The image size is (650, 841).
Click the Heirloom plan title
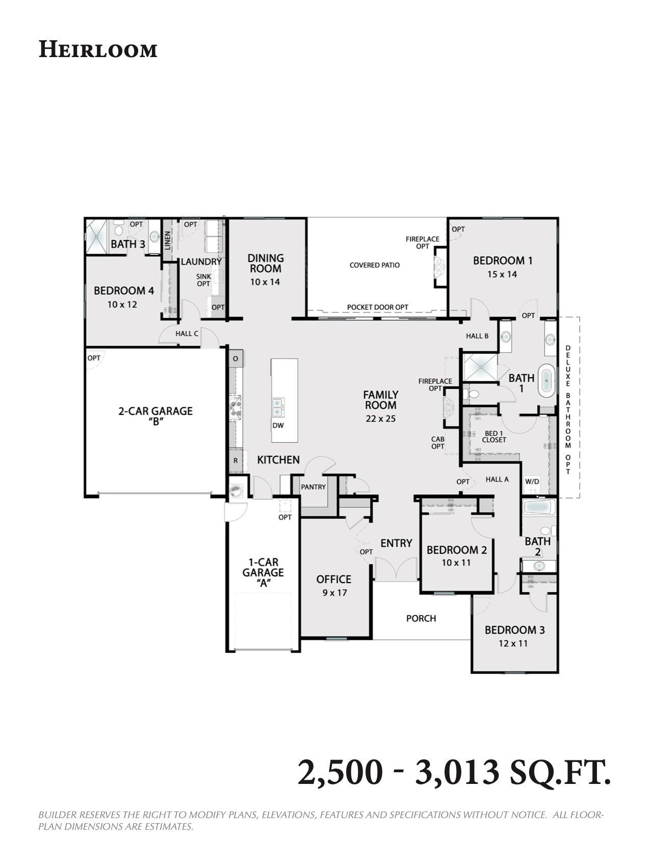[98, 50]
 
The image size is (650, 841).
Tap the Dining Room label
[266, 263]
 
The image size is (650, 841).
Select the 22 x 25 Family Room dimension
[380, 418]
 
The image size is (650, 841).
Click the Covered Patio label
[374, 265]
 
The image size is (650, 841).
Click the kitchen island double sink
[277, 407]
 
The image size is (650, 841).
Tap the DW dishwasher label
[278, 426]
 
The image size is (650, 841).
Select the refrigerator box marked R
[236, 461]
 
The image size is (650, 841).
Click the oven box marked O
[236, 359]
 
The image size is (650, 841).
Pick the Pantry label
[313, 487]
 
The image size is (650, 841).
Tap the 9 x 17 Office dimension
[334, 593]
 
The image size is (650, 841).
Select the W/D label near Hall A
[532, 482]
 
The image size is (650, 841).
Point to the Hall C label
[187, 333]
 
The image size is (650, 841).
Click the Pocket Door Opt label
[377, 307]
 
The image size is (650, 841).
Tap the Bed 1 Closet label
[494, 437]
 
